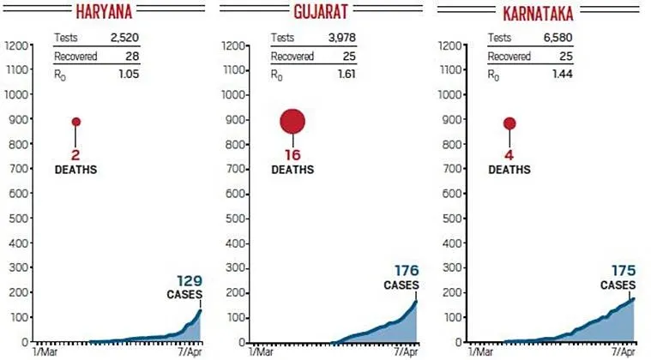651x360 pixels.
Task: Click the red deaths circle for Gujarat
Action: coord(293,122)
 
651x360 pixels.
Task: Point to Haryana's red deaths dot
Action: coord(76,122)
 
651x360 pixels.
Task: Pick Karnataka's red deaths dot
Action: coord(509,123)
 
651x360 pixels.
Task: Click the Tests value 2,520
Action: coord(124,39)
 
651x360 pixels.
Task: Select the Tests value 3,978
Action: coord(341,39)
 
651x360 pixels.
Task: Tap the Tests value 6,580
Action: coord(558,39)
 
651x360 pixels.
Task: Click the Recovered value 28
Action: coord(131,57)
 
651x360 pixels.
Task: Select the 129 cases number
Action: coord(190,280)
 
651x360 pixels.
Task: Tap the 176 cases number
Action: coord(406,270)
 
